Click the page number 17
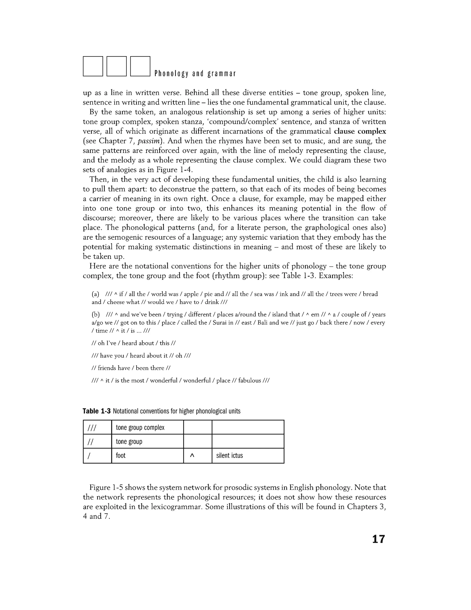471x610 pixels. (378, 539)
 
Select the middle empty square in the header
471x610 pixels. (117, 66)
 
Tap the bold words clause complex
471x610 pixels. (360, 131)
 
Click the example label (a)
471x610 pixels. (95, 294)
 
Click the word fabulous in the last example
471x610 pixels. (250, 381)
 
